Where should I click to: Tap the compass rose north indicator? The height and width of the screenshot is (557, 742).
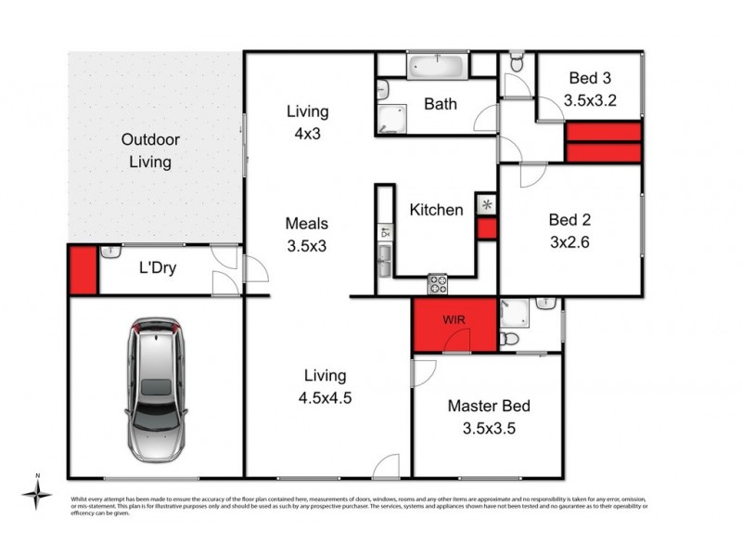click(37, 493)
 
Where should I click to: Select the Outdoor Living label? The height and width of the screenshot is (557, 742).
click(149, 151)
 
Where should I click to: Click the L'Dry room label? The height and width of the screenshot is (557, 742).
click(158, 270)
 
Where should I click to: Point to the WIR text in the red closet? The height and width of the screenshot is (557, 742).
click(454, 320)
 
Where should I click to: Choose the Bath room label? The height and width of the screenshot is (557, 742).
click(441, 104)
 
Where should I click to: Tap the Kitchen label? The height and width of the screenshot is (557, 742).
click(436, 210)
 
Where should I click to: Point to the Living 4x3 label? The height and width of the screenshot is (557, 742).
click(307, 121)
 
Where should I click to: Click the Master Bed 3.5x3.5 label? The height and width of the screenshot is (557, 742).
click(488, 416)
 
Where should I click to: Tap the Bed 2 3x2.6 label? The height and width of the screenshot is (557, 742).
click(569, 230)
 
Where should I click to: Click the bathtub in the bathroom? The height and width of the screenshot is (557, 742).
click(437, 66)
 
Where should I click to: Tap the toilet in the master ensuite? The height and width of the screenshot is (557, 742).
click(508, 340)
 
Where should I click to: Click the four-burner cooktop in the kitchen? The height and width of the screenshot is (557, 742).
click(437, 283)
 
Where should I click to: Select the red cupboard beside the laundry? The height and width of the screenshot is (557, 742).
click(83, 270)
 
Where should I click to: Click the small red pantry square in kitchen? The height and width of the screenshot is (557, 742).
click(486, 228)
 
